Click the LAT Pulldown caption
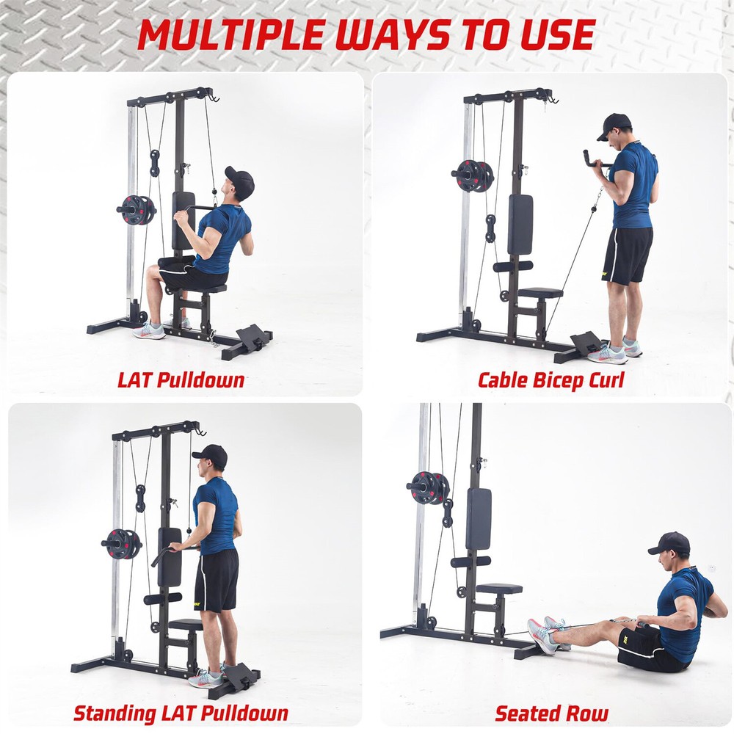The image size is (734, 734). tap(181, 380)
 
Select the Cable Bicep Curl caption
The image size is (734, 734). tap(550, 380)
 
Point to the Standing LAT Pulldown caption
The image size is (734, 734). tap(181, 712)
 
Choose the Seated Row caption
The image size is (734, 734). tap(551, 713)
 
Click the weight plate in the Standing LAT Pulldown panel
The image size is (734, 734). tap(121, 543)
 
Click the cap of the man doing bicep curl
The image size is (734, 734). tap(614, 125)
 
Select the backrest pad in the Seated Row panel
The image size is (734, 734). tap(478, 518)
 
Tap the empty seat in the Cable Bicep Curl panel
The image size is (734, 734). tap(539, 293)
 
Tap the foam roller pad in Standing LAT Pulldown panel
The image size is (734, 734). tap(162, 598)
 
